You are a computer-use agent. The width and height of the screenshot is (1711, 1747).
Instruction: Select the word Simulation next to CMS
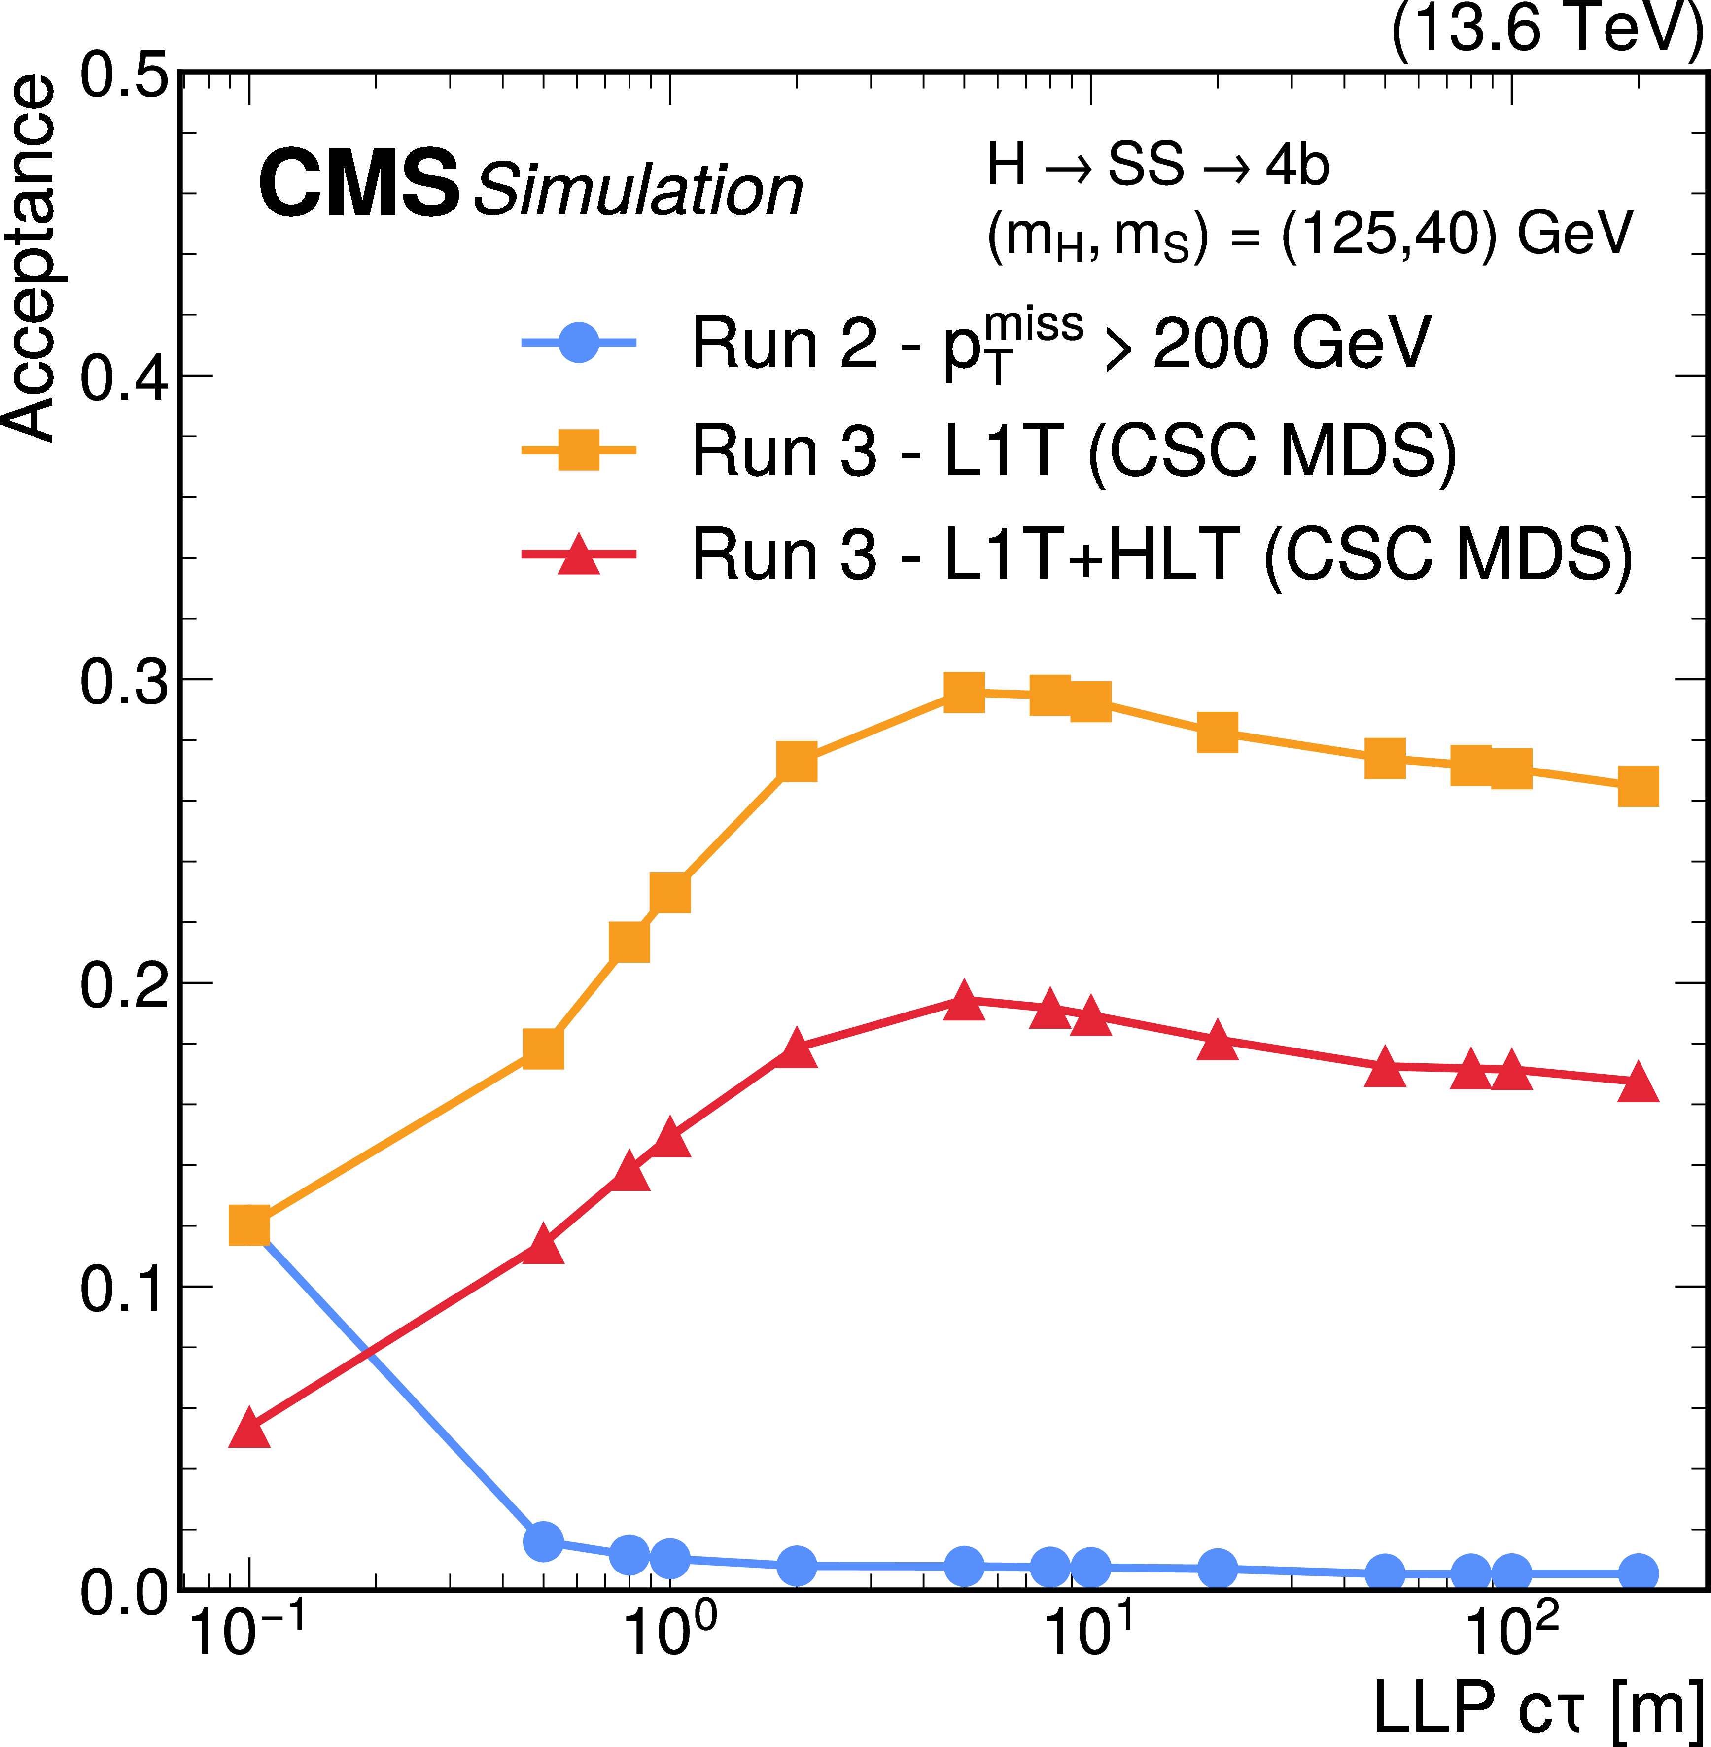point(638,190)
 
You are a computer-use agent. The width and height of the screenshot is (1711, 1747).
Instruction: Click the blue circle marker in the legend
point(579,343)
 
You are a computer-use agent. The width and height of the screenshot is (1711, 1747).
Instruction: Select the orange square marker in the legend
point(579,450)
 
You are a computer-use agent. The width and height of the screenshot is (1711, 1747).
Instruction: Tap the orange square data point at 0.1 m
point(249,1226)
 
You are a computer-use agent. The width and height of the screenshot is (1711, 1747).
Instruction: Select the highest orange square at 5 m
point(964,692)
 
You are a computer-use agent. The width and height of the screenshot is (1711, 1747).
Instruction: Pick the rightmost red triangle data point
point(1638,1083)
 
